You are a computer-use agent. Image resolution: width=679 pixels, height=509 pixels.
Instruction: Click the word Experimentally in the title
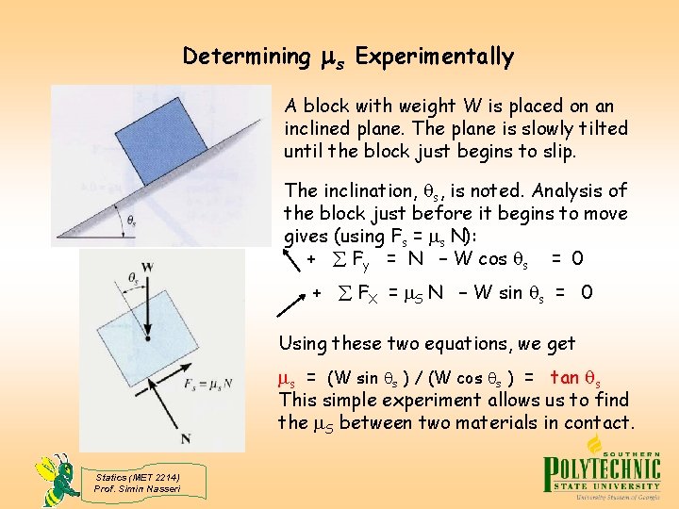[435, 57]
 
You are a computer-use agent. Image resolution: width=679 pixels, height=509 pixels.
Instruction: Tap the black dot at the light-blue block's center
[148, 336]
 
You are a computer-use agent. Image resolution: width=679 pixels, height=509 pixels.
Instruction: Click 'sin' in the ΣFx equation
[514, 293]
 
